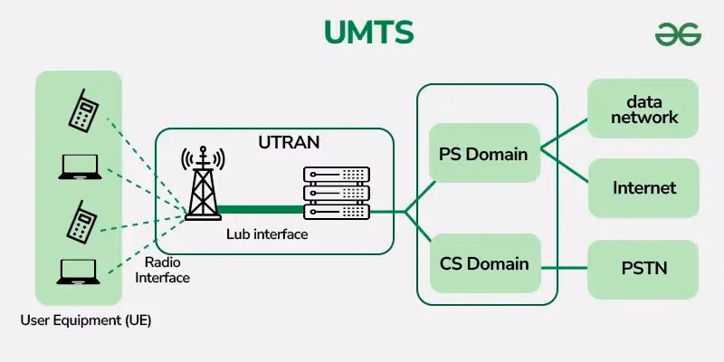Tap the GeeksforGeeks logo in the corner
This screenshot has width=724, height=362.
[x=678, y=33]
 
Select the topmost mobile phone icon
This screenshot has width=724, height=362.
[x=85, y=110]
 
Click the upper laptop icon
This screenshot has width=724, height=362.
[x=78, y=167]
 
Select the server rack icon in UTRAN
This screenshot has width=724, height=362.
[x=336, y=193]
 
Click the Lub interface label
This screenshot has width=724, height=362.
[x=267, y=234]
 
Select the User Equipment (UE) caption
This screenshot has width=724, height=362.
[x=86, y=320]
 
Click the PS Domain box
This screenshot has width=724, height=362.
[x=482, y=154]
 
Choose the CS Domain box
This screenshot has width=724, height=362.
[x=484, y=264]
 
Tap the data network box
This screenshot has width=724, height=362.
[x=643, y=110]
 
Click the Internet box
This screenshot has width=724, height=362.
[x=643, y=188]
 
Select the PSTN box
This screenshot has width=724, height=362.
[x=643, y=269]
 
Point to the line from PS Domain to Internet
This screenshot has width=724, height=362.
[x=564, y=167]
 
